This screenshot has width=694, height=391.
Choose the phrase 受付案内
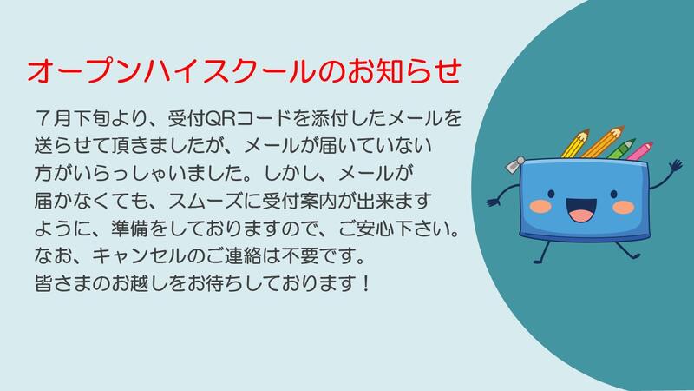[301, 202]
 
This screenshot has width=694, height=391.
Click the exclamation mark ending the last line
[365, 284]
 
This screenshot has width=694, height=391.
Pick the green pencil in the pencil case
[621, 149]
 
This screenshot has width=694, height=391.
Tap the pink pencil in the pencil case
[639, 151]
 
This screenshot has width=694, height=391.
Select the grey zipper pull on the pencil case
[515, 164]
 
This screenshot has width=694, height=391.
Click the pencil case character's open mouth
[581, 210]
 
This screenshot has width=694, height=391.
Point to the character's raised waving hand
[676, 166]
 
